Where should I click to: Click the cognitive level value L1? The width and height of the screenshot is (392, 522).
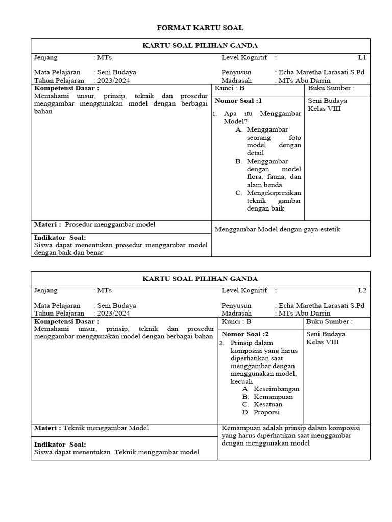pos(362,57)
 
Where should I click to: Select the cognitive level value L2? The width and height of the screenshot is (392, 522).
pos(362,290)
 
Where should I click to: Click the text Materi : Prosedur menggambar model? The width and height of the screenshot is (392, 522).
pos(94,225)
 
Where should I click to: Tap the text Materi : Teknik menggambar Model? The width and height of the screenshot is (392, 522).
pos(91,428)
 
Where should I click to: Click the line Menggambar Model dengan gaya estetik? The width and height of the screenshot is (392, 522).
pos(277,229)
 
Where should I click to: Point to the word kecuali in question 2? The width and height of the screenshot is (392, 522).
pos(241,381)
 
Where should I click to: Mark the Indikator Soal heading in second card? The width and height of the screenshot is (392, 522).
pos(60,445)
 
